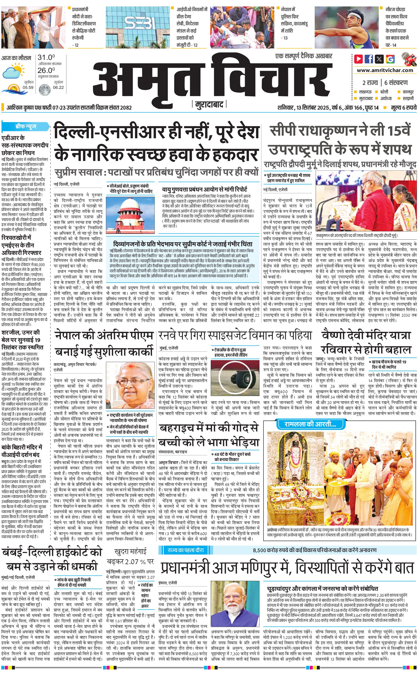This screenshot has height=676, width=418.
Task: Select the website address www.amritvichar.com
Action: [385, 70]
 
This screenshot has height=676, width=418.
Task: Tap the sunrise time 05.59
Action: [28, 88]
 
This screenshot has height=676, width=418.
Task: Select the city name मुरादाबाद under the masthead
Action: [209, 104]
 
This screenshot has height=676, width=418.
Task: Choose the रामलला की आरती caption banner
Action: [306, 424]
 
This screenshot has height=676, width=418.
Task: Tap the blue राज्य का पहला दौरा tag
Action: [185, 550]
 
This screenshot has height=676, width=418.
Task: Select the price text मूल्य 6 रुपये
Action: [403, 107]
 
